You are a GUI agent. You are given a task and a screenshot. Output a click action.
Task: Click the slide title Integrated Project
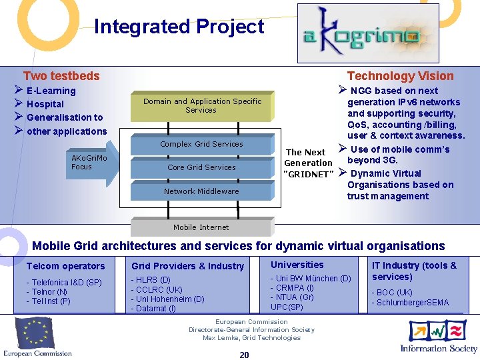[x=179, y=27]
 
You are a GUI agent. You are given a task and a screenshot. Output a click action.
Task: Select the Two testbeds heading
[x=61, y=76]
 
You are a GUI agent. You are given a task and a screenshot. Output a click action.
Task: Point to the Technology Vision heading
[x=400, y=76]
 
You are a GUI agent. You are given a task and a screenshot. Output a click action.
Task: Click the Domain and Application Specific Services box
[x=202, y=105]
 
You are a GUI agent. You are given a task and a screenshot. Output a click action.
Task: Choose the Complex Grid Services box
[x=201, y=144]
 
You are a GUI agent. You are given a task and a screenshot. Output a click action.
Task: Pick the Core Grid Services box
[x=201, y=167]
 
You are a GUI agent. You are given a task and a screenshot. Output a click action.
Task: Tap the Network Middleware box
[x=201, y=191]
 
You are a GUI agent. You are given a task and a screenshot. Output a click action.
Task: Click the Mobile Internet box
[x=201, y=227]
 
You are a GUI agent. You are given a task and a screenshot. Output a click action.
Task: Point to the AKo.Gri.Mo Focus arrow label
[x=89, y=163]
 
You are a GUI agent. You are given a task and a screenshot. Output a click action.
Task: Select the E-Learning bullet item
[x=51, y=91]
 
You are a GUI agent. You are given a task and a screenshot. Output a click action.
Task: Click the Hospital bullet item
[x=45, y=104]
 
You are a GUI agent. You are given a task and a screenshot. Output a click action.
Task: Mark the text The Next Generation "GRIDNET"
[x=307, y=163]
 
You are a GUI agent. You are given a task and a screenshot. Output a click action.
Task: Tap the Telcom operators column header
[x=65, y=266]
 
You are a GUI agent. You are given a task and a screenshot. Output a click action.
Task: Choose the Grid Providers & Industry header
[x=187, y=266]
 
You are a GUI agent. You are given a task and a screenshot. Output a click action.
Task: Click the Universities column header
[x=297, y=265]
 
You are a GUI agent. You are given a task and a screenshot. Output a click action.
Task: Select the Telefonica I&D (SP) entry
[x=64, y=283]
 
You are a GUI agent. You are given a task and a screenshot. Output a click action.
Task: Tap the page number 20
[x=244, y=355]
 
